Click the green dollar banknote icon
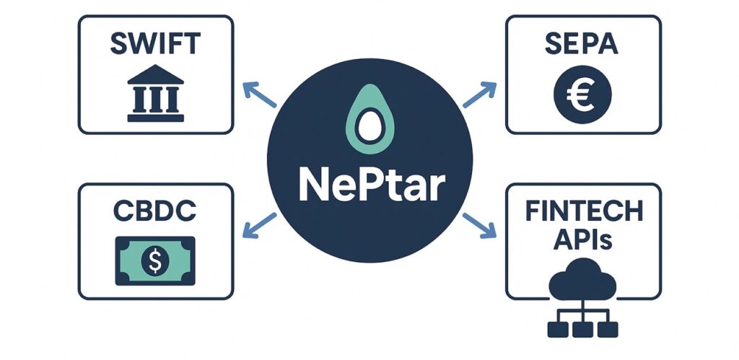tap(155, 260)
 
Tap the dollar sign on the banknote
tap(155, 260)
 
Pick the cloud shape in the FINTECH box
tap(583, 285)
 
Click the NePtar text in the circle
tap(369, 186)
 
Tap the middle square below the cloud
tap(583, 328)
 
